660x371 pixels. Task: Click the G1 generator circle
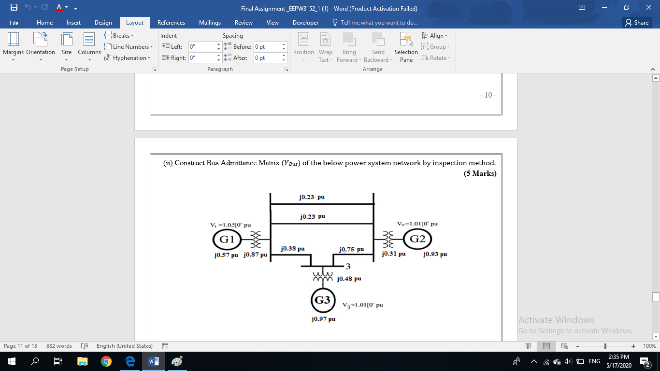227,239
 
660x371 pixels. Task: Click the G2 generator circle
417,239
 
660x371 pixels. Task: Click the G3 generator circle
322,300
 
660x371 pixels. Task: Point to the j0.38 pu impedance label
292,249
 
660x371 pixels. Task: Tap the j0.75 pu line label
351,249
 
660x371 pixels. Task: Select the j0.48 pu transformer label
349,279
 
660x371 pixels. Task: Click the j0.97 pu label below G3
323,319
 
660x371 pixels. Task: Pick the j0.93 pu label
435,254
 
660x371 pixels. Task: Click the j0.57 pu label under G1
226,255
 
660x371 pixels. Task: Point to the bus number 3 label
348,266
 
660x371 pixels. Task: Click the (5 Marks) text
480,173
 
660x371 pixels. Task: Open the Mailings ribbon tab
210,23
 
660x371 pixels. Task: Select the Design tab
103,23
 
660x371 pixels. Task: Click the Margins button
13,46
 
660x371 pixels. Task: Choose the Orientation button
41,46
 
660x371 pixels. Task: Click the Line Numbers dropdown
129,47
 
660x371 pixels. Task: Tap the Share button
636,23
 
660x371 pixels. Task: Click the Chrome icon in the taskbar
106,361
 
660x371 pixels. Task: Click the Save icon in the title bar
14,8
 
